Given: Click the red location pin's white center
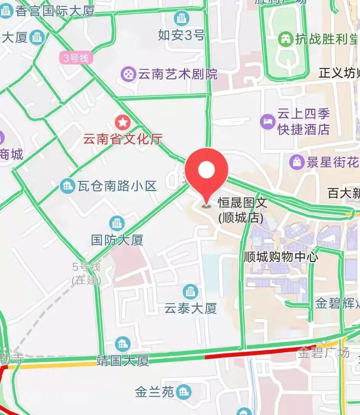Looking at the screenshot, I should [x=207, y=169].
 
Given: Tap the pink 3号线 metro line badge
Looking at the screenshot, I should [x=76, y=58].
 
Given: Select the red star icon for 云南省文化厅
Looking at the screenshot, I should [x=123, y=122].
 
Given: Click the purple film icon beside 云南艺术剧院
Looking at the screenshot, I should [x=129, y=74].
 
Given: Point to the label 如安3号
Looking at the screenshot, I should [x=181, y=35].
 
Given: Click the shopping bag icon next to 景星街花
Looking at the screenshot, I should [x=297, y=162].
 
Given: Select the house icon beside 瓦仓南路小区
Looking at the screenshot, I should [x=68, y=186].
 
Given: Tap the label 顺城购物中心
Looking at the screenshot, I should [x=281, y=256].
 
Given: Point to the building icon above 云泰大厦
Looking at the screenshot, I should [x=190, y=292].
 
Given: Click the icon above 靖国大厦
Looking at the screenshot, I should [x=123, y=344].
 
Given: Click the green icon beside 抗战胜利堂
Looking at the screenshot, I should [x=285, y=39].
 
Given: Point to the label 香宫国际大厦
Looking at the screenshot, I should [x=55, y=11].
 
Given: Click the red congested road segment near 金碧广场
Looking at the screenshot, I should [x=260, y=353].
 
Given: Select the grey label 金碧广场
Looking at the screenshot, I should [x=323, y=352].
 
